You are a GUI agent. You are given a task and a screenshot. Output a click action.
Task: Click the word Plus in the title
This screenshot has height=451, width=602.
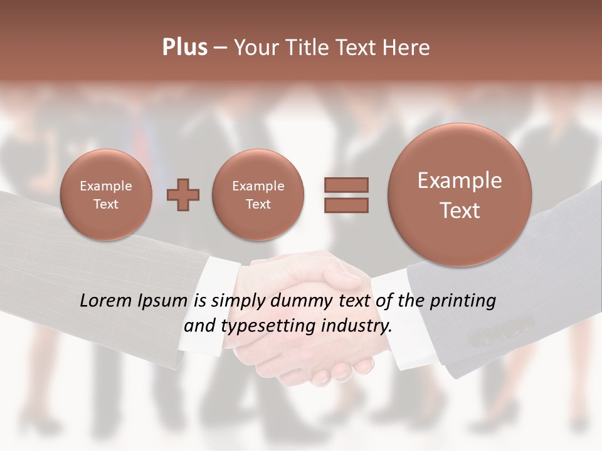pos(184,48)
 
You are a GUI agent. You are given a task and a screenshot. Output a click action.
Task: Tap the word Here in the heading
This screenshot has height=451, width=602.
pos(406,48)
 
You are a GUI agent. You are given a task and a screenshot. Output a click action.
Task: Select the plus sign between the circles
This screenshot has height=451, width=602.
pos(183,195)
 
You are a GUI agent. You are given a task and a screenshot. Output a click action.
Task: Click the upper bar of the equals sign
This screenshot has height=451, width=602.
pos(346,185)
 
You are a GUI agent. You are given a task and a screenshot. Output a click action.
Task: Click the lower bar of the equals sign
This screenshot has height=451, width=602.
pos(346,205)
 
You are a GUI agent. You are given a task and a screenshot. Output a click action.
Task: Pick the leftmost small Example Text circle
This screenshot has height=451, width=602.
pos(106,195)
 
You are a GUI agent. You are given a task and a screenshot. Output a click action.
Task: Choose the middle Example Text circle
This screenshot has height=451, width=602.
pos(258,195)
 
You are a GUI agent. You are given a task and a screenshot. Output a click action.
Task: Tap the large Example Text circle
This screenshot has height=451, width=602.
pos(460,195)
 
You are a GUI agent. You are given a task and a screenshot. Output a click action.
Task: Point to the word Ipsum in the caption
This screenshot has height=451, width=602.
pos(163,301)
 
